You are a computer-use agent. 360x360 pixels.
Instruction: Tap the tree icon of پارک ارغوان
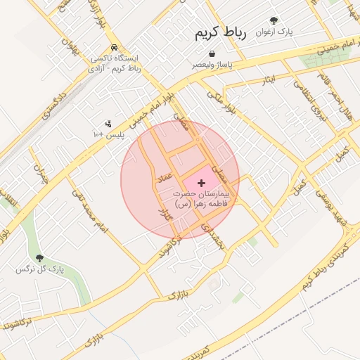pyautogui.click(x=274, y=20)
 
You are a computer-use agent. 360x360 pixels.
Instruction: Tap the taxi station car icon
pyautogui.click(x=114, y=47)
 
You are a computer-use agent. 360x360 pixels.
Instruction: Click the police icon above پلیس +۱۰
pyautogui.click(x=108, y=124)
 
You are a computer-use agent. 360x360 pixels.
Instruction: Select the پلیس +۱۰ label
pyautogui.click(x=109, y=134)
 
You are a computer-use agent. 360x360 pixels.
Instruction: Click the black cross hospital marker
pyautogui.click(x=202, y=182)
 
